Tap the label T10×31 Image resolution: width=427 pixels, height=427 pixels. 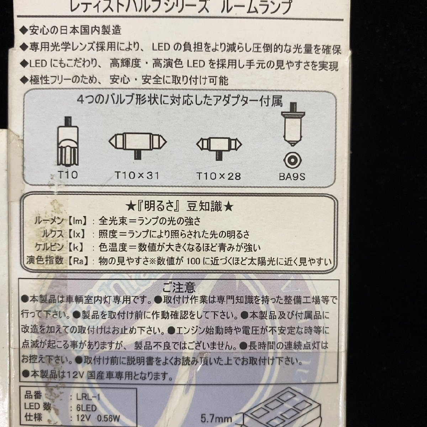tap(137, 175)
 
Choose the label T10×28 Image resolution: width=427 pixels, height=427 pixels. tap(218, 176)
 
